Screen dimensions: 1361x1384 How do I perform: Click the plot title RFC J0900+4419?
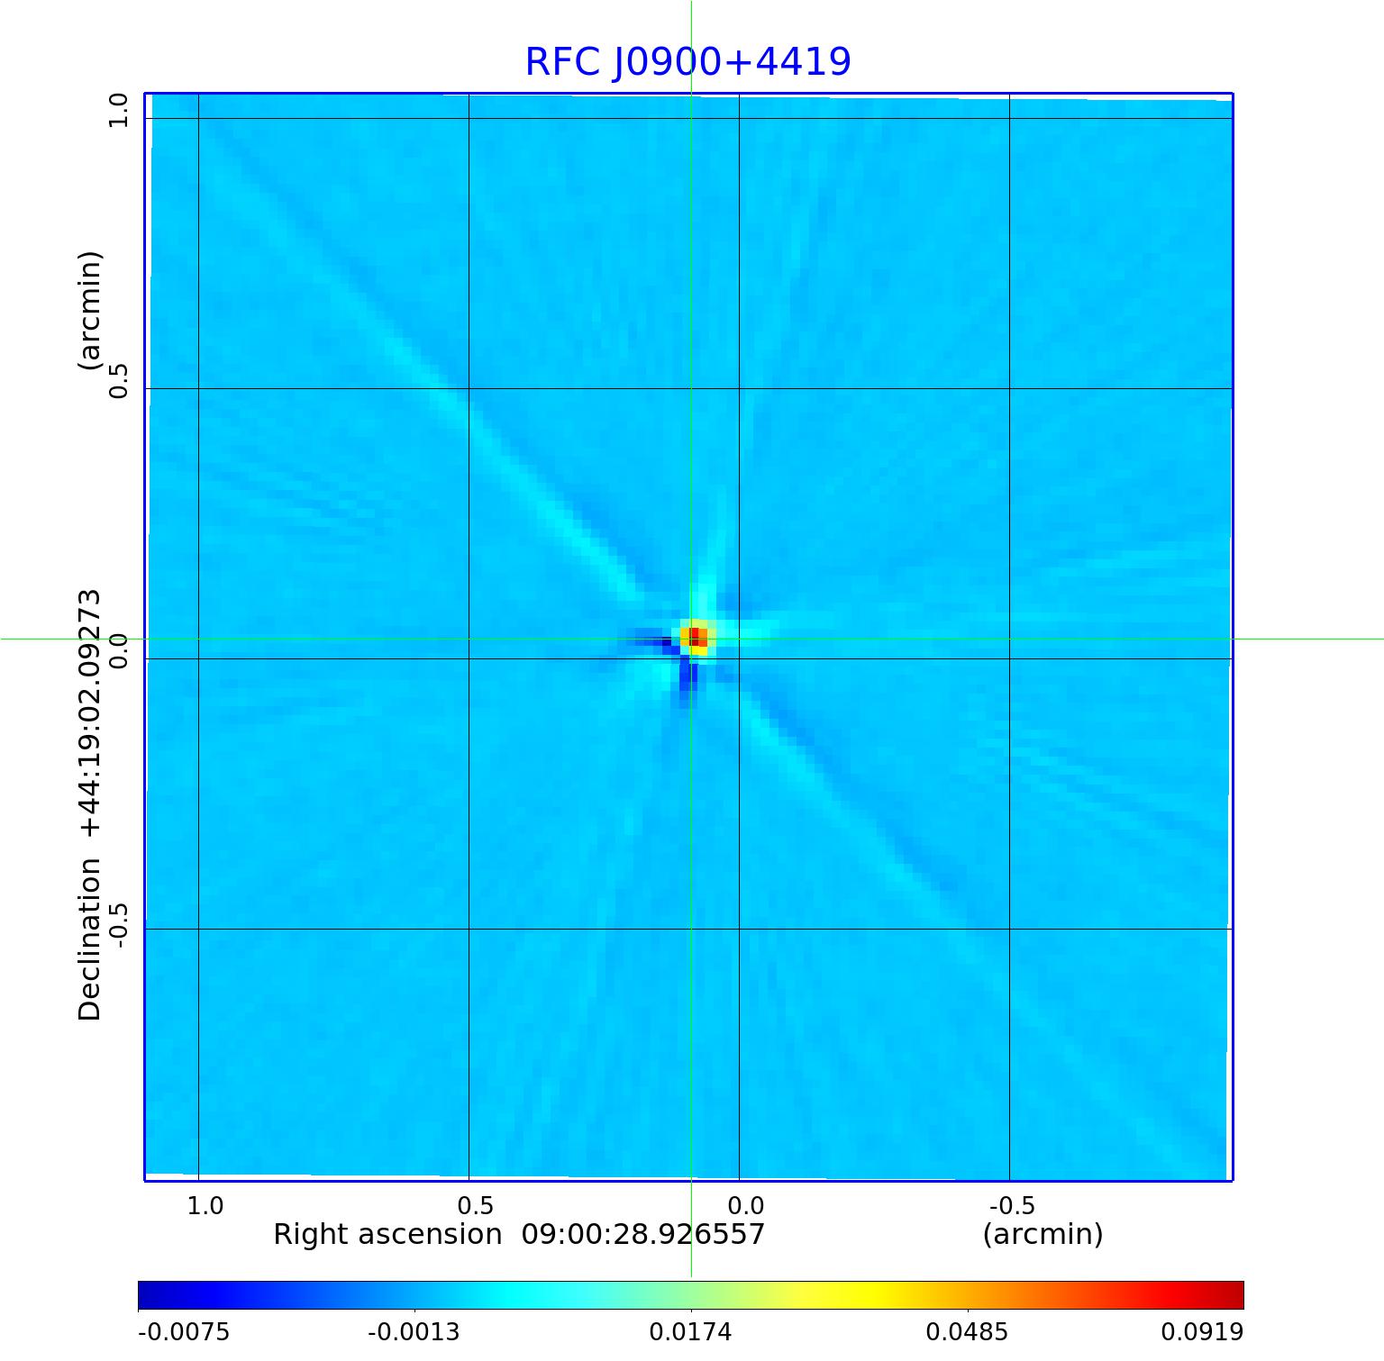(x=687, y=62)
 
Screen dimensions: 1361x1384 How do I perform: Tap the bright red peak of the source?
(x=695, y=637)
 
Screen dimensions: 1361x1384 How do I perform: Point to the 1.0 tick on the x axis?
(x=205, y=1205)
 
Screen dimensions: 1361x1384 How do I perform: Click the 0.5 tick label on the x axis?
(x=476, y=1205)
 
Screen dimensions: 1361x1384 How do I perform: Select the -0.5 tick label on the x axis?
(x=1012, y=1205)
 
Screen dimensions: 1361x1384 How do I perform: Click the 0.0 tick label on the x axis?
(x=746, y=1205)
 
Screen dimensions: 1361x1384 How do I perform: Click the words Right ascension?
(x=387, y=1234)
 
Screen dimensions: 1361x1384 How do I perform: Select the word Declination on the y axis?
(x=90, y=939)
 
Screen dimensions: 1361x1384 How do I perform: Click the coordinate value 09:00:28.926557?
(x=643, y=1234)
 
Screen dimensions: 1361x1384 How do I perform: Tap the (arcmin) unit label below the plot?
(x=1043, y=1234)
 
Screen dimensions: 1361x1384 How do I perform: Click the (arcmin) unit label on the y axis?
(x=90, y=311)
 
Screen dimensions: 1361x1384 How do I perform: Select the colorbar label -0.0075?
(x=184, y=1331)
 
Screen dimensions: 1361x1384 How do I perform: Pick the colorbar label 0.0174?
(x=691, y=1331)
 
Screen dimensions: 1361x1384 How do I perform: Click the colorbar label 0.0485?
(x=968, y=1331)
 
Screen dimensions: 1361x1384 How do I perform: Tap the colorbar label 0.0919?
(x=1202, y=1331)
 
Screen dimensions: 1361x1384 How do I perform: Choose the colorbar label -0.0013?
(x=414, y=1331)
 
